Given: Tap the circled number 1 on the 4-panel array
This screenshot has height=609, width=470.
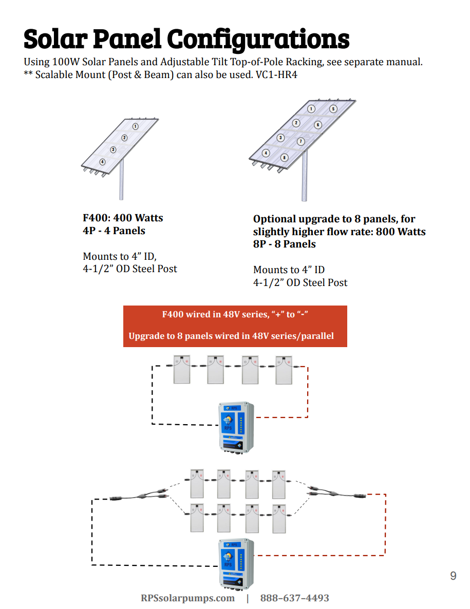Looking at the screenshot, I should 135,126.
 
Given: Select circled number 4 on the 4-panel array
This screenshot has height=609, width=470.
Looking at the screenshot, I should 102,162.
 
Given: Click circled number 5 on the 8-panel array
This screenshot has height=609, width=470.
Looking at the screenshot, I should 333,109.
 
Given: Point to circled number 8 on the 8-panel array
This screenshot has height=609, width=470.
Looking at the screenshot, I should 285,158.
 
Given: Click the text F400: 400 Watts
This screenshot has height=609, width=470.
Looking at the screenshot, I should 123,218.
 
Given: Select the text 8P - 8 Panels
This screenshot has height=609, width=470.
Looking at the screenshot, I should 284,244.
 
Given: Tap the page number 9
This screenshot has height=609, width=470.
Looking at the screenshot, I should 453,576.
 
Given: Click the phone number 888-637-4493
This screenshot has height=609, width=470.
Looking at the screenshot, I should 294,598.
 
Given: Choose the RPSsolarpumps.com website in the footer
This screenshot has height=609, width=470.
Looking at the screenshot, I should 187,598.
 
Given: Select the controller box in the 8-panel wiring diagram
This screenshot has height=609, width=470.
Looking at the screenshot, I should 236,563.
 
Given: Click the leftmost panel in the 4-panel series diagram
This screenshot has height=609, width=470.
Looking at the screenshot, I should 181,370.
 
